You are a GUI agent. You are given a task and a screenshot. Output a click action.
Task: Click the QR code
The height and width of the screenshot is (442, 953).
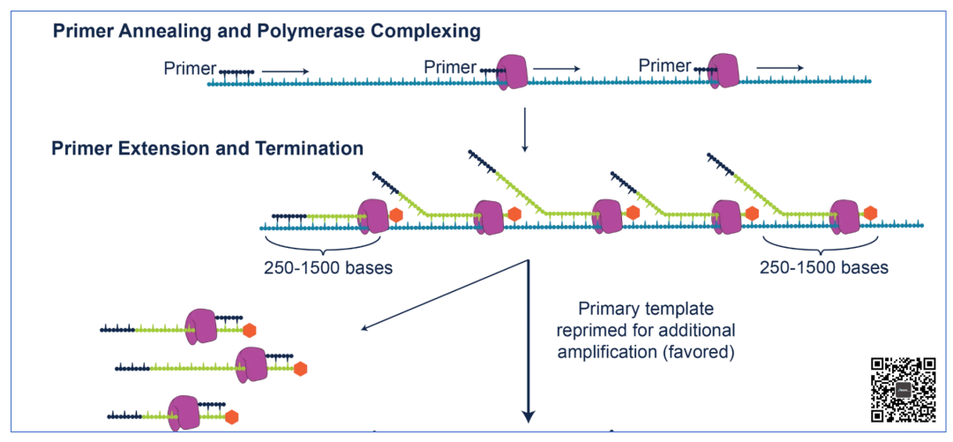(904, 390)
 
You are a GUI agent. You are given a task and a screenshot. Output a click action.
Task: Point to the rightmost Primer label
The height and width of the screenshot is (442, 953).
(665, 65)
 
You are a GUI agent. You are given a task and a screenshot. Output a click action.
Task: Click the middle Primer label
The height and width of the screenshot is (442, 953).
(450, 67)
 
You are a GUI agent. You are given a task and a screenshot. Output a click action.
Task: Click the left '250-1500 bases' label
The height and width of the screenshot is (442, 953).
(328, 267)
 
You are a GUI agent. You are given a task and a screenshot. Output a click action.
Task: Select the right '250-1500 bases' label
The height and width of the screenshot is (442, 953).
(824, 267)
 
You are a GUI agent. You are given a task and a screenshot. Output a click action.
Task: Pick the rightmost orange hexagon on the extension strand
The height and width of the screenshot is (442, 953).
(870, 213)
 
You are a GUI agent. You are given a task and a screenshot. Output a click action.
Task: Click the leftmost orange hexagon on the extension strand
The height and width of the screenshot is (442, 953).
(396, 214)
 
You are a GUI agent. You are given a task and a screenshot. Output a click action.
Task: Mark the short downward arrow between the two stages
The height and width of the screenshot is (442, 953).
(525, 131)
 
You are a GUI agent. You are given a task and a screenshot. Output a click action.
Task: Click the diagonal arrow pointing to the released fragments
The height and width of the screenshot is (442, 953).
(444, 296)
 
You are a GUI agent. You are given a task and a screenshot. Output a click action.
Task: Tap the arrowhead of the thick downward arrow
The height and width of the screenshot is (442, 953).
(529, 415)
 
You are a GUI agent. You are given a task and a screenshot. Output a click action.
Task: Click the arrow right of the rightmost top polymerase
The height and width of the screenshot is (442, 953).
(780, 67)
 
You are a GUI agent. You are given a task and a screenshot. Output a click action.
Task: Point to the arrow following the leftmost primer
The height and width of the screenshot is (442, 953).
(286, 71)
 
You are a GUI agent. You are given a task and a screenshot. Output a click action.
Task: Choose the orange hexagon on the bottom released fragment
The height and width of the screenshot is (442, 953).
(231, 417)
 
